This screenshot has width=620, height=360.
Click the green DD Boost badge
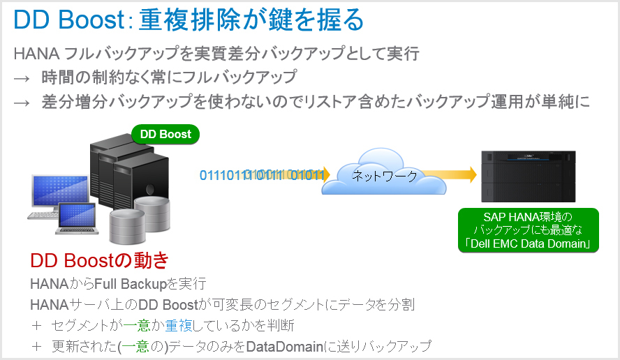(165, 134)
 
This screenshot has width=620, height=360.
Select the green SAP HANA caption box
(528, 230)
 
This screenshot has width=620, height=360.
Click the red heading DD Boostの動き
(100, 261)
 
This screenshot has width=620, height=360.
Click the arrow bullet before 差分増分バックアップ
(22, 103)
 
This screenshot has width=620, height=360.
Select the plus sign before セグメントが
(36, 325)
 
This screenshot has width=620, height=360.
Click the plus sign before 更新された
(36, 346)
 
